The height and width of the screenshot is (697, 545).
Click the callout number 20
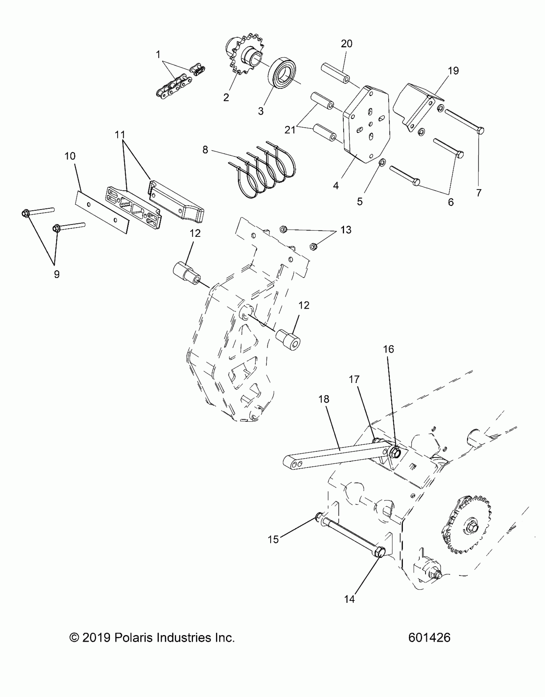pyautogui.click(x=346, y=44)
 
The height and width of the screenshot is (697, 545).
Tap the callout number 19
pyautogui.click(x=453, y=71)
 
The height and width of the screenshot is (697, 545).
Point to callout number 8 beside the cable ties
pyautogui.click(x=205, y=149)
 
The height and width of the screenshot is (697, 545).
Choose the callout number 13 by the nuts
pyautogui.click(x=346, y=230)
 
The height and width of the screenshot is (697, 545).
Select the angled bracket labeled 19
pyautogui.click(x=417, y=106)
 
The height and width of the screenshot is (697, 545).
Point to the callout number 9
pyautogui.click(x=56, y=274)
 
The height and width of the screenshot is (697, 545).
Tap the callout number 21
pyautogui.click(x=290, y=130)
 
